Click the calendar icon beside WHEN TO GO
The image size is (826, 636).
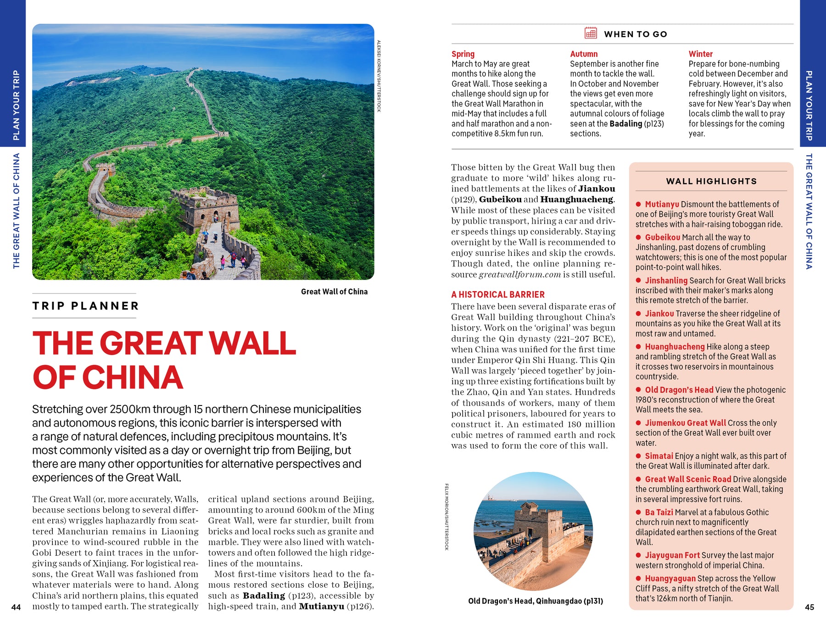pos(591,33)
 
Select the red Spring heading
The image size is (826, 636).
pos(463,54)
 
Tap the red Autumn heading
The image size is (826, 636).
pos(584,54)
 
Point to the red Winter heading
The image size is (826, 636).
pos(700,54)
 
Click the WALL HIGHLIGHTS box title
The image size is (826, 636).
pos(711,181)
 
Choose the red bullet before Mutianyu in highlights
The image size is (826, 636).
pos(638,204)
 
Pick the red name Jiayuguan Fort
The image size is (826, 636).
pos(672,555)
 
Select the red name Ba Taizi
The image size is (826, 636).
pos(659,512)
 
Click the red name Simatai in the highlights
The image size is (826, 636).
pos(659,456)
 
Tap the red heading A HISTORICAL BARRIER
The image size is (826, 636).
pos(498,294)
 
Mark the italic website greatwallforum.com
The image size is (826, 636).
pos(519,275)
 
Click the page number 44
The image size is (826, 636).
pos(16,607)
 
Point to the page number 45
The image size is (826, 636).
pos(809,607)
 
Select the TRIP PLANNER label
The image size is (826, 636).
pos(86,306)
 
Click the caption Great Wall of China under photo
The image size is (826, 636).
pos(334,292)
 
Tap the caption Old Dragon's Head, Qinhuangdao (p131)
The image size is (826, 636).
pos(536,601)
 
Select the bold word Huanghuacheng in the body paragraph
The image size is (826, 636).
pos(577,199)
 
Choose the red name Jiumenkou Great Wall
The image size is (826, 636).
pos(686,423)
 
